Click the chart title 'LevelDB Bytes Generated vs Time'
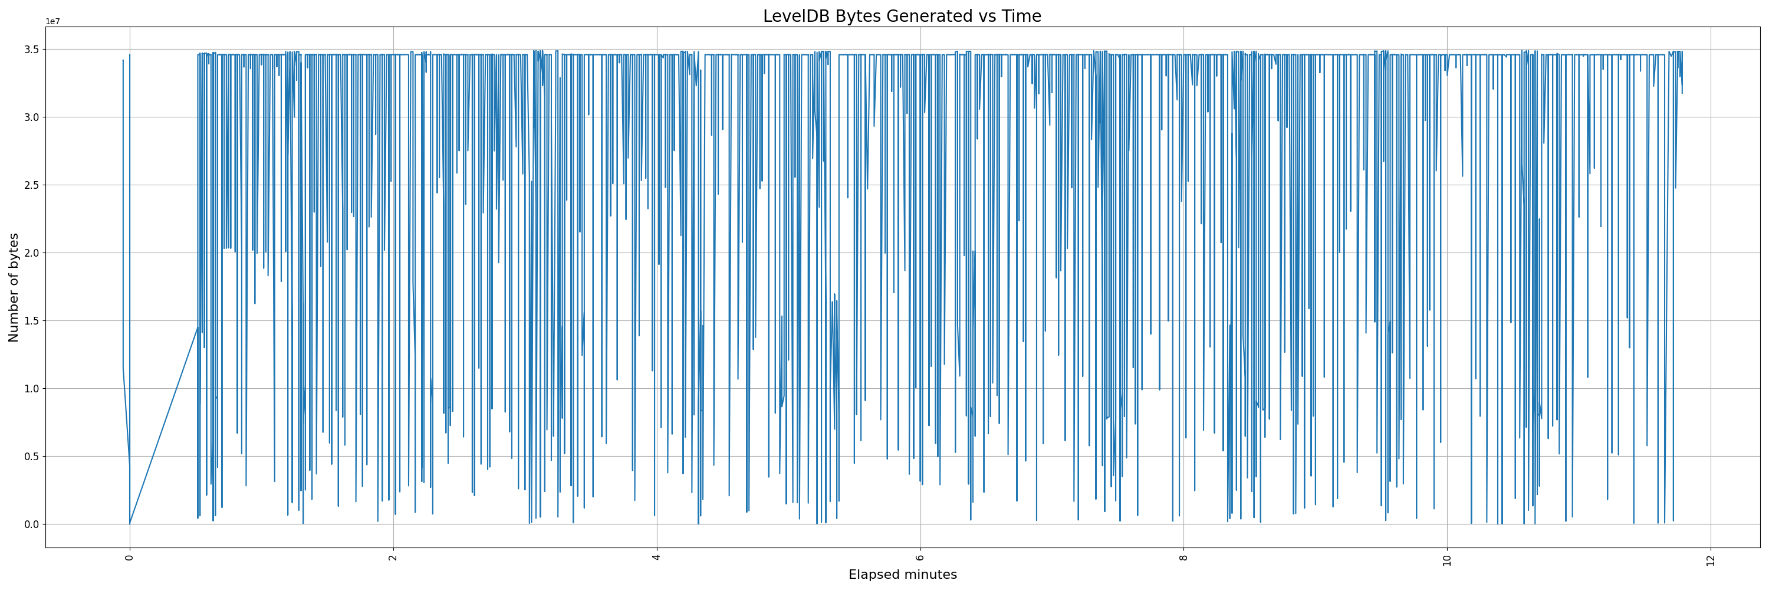click(902, 17)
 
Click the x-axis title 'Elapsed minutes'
click(902, 575)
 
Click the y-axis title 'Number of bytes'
click(14, 287)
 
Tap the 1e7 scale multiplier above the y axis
click(53, 21)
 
